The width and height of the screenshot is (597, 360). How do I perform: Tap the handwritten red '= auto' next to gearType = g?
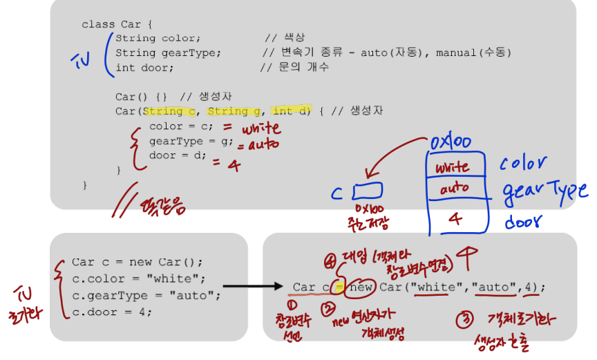click(x=258, y=145)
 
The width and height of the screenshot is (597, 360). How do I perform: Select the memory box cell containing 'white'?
click(x=453, y=167)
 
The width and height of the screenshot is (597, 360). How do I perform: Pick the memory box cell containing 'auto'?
click(x=454, y=187)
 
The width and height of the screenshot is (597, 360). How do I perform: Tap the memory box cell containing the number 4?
click(x=455, y=219)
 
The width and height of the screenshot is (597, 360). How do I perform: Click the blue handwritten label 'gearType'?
click(x=545, y=190)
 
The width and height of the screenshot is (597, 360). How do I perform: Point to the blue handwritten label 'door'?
click(x=522, y=222)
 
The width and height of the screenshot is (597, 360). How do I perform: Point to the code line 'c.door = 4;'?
click(x=112, y=312)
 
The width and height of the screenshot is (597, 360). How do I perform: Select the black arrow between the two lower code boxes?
click(x=252, y=285)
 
